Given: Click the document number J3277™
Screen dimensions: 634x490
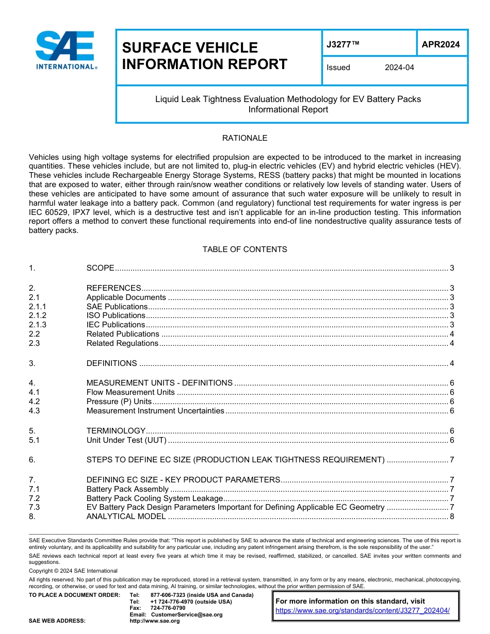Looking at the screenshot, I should [x=343, y=44].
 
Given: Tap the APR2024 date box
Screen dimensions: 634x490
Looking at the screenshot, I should [x=440, y=44].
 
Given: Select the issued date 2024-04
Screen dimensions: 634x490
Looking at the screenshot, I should [x=399, y=68].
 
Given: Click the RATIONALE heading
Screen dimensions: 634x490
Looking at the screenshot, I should [x=244, y=138].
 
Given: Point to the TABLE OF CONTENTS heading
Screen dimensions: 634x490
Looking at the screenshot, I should [x=244, y=249].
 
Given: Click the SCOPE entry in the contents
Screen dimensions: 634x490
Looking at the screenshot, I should [x=100, y=268].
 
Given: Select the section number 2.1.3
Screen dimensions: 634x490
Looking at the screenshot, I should [x=38, y=325].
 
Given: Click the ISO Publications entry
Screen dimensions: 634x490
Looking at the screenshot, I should [x=116, y=315].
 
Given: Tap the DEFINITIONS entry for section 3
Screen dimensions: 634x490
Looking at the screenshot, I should [x=111, y=363].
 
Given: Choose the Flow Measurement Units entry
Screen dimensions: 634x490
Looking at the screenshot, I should [x=130, y=392].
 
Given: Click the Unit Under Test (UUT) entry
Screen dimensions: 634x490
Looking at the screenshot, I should [x=127, y=440].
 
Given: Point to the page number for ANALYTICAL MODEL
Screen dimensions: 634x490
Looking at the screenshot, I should [x=452, y=516].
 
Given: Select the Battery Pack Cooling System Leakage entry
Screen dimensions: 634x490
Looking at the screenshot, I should [x=154, y=498].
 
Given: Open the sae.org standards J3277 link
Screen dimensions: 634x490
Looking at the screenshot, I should [x=363, y=611].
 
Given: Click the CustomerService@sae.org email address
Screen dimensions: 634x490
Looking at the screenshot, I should [x=186, y=614].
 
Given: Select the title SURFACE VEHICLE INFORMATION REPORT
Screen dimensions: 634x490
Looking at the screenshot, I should [x=204, y=56].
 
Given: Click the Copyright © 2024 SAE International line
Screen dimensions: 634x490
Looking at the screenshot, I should [x=73, y=571].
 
